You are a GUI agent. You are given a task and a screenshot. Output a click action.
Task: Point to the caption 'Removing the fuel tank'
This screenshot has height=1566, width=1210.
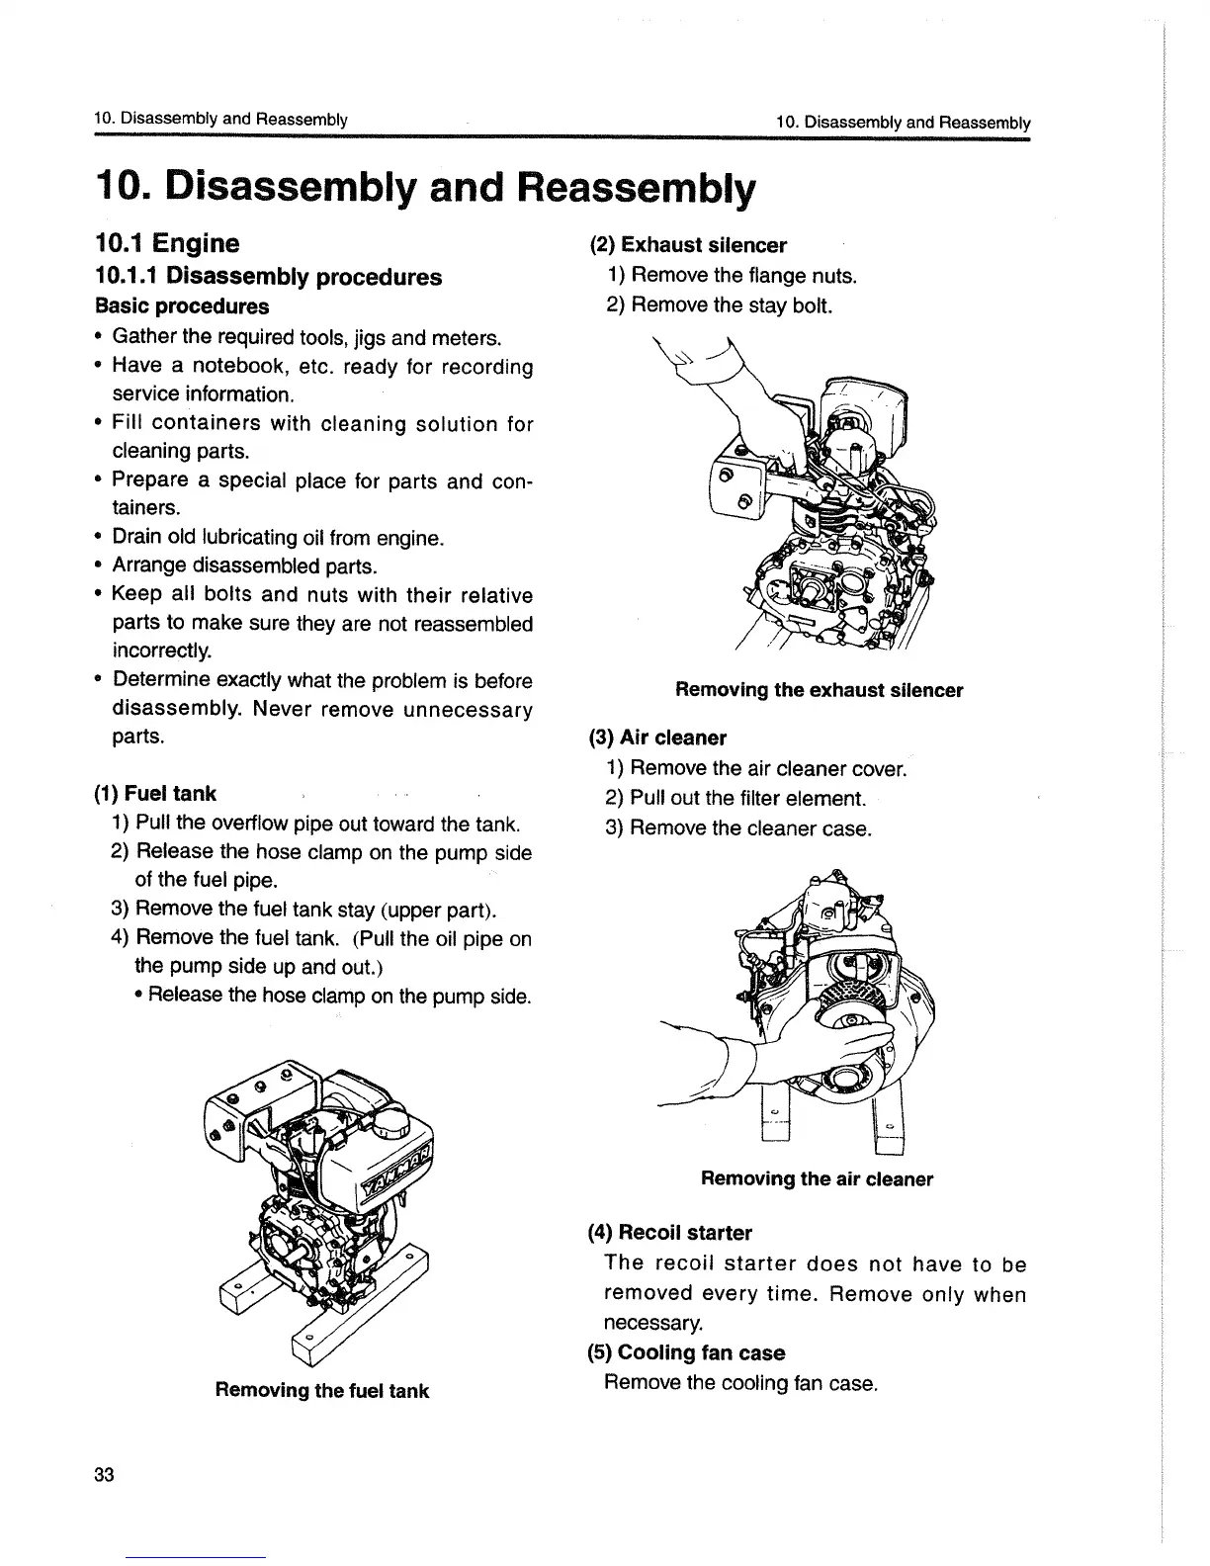(321, 1390)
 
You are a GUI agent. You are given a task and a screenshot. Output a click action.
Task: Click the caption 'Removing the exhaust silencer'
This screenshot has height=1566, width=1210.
(819, 690)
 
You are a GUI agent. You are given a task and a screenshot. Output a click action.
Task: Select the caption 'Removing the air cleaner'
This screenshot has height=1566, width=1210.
(817, 1178)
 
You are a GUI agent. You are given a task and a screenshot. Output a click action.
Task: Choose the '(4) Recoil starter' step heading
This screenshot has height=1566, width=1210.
(670, 1233)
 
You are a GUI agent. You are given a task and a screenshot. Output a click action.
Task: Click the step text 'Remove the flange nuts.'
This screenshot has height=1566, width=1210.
(742, 275)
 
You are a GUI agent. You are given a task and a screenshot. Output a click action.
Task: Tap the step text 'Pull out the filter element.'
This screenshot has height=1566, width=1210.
(747, 798)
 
